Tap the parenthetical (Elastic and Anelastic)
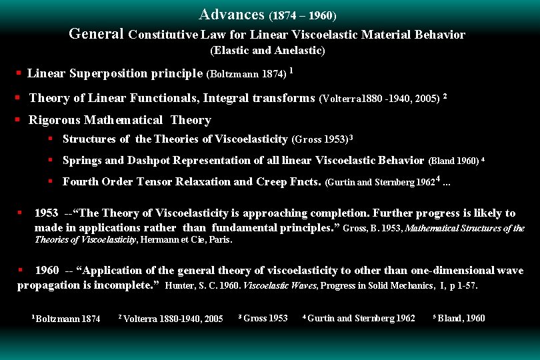click(268, 50)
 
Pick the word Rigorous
click(53, 120)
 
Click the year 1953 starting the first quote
click(46, 213)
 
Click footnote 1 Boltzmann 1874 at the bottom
click(67, 319)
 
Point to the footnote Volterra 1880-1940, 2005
click(172, 319)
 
